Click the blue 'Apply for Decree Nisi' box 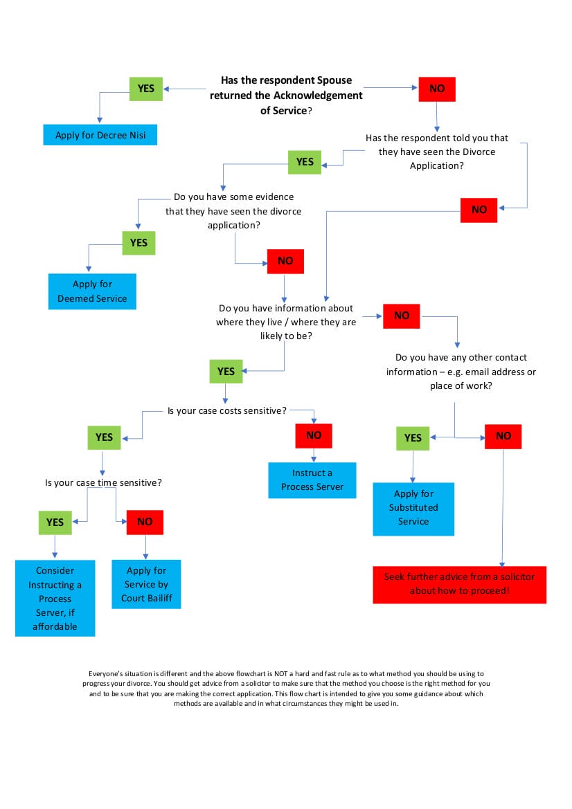click(x=100, y=135)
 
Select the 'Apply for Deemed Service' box click(x=92, y=291)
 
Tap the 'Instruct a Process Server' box click(x=312, y=480)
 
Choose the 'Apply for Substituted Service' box click(x=413, y=508)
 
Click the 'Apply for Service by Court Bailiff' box click(x=146, y=584)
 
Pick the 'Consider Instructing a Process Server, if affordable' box click(x=55, y=599)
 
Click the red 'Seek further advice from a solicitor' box click(x=459, y=584)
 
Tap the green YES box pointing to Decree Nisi click(x=146, y=89)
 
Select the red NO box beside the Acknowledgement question click(x=437, y=89)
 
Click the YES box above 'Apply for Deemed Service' click(x=139, y=243)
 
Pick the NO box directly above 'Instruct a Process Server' click(x=314, y=435)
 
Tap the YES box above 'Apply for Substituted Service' click(x=413, y=437)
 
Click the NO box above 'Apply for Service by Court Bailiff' click(x=145, y=522)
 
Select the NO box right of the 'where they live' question click(x=402, y=316)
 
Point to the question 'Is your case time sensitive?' click(x=104, y=482)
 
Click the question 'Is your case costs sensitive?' click(x=227, y=410)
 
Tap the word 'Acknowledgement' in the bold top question click(x=318, y=96)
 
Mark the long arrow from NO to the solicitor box click(x=503, y=505)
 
